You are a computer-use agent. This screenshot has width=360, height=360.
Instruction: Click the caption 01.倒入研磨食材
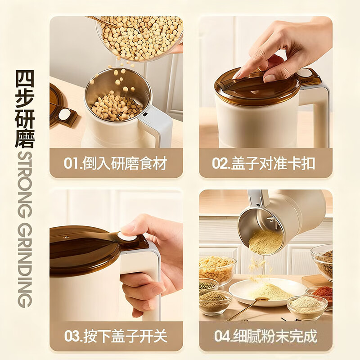pos(116,163)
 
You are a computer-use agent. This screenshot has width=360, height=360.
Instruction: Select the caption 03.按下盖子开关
pos(116,336)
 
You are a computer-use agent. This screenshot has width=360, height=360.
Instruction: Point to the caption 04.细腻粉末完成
pos(265,336)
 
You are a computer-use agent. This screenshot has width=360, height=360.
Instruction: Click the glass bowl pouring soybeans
pos(139,36)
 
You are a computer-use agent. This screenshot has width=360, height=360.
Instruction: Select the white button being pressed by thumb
pos(127,238)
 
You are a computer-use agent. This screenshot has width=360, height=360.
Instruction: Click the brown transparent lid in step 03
pos(81,247)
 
